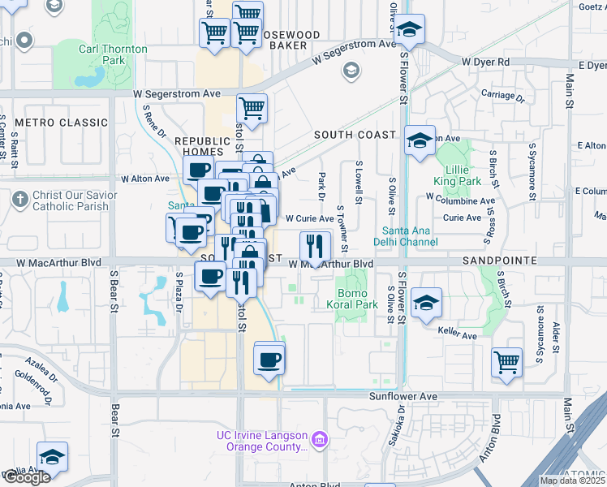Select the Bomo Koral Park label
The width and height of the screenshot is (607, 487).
[x=358, y=300]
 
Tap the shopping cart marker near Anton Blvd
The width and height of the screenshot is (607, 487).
[x=506, y=361]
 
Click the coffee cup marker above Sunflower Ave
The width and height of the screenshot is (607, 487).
[x=269, y=358]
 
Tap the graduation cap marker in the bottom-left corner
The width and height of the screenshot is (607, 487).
[x=51, y=457]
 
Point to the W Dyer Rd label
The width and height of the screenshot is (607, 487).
[x=484, y=62]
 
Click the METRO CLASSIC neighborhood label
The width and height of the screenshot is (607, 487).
[x=61, y=123]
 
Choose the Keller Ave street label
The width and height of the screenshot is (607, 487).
[x=458, y=334]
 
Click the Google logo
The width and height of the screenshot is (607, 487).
[x=26, y=478]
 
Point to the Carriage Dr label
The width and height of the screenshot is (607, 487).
[x=497, y=94]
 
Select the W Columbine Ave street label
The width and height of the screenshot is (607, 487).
[x=460, y=200]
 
